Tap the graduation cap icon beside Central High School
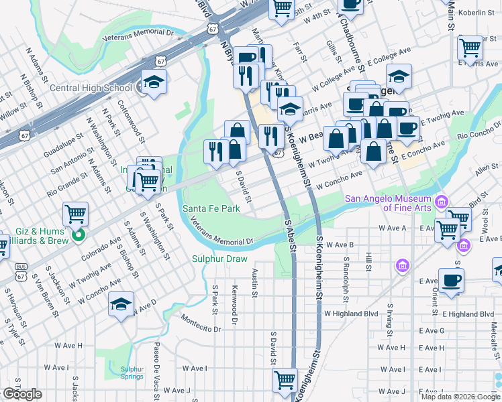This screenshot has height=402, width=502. [x=154, y=82]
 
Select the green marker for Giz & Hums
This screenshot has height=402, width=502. [x=79, y=234]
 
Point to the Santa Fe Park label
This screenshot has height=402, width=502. [x=211, y=209]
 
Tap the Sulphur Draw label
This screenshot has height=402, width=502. [x=219, y=259]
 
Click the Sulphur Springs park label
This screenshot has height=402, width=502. [x=132, y=373]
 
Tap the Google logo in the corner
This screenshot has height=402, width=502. [x=22, y=394]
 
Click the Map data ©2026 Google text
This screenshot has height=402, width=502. [x=460, y=397]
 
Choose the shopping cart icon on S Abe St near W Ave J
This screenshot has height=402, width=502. [x=285, y=380]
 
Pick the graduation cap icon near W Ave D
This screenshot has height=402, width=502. [x=121, y=304]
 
